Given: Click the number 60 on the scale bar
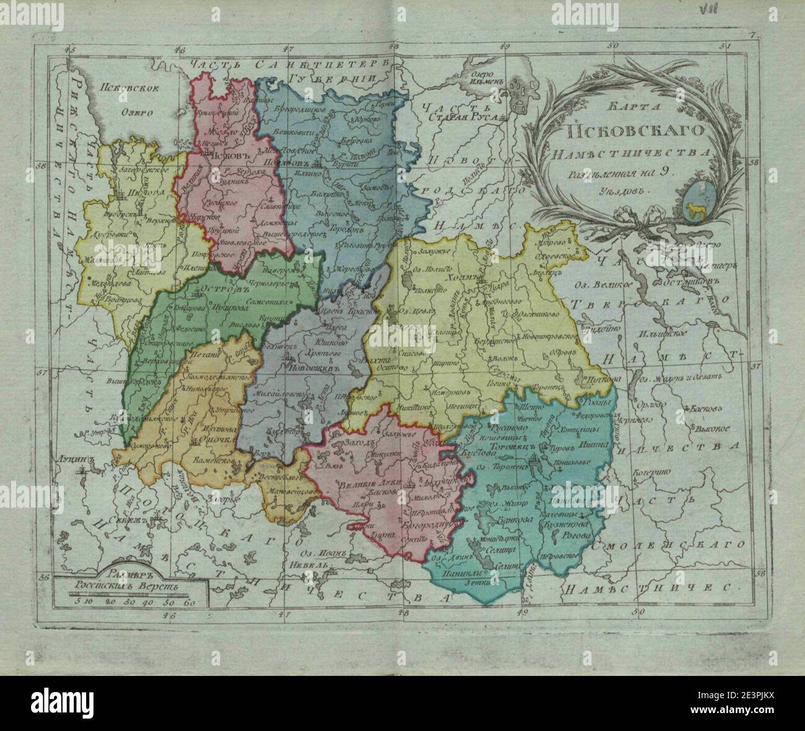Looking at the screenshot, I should (189, 600).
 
